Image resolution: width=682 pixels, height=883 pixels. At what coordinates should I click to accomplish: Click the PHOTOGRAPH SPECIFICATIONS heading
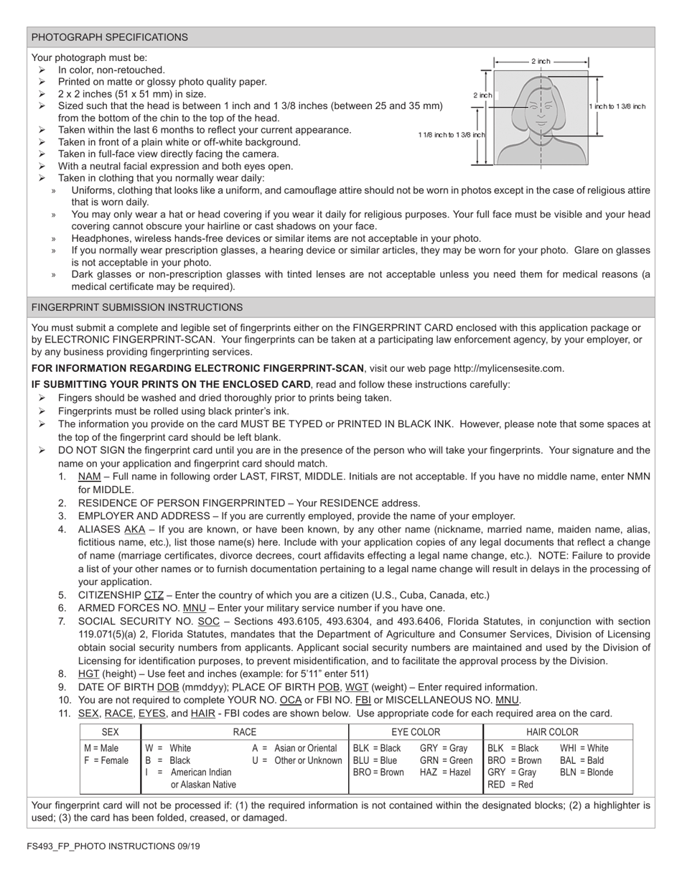tap(109, 37)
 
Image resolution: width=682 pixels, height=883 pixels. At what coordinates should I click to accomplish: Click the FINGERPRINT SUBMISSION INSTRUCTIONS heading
tap(136, 307)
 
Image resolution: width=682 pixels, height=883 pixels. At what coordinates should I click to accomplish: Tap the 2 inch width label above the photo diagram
tap(541, 62)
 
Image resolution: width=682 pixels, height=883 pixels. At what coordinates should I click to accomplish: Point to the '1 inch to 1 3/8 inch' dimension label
tap(617, 106)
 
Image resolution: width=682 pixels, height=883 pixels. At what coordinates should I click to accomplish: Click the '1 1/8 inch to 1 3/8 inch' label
tap(452, 135)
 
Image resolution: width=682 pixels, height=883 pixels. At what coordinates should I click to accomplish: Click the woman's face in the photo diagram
tap(541, 108)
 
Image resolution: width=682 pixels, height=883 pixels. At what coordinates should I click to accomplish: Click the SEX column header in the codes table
tap(111, 732)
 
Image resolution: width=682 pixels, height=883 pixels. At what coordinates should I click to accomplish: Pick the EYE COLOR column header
tap(416, 732)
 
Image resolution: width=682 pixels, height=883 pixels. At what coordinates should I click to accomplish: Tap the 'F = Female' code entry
tap(106, 760)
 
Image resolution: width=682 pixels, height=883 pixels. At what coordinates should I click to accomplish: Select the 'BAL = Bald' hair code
tap(581, 760)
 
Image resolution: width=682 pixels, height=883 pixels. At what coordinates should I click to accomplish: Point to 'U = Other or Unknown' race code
tap(297, 760)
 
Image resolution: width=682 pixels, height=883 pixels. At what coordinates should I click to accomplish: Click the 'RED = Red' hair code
tap(510, 785)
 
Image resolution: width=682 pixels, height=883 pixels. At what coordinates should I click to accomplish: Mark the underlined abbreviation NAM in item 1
tap(89, 477)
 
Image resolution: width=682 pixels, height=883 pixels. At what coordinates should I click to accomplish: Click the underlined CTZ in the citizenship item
tap(154, 595)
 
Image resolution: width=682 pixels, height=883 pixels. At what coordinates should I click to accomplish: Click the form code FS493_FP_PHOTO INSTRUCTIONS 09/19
tap(114, 846)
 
